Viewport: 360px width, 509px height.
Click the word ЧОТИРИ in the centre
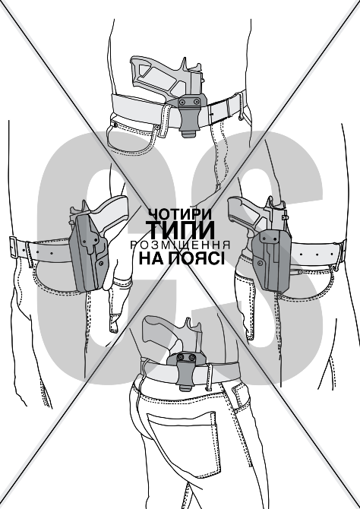point(180,214)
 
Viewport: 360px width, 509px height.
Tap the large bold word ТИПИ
point(180,230)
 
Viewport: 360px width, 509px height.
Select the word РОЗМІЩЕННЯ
point(180,245)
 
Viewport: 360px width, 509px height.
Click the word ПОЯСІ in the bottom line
point(197,258)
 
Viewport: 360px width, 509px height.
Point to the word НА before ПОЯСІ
point(153,258)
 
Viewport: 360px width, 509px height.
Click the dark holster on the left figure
point(89,252)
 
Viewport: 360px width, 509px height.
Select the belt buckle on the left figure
point(14,248)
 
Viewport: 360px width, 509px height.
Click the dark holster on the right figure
point(270,260)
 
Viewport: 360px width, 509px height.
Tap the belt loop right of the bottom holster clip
point(210,377)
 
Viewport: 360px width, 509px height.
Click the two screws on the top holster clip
point(189,102)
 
